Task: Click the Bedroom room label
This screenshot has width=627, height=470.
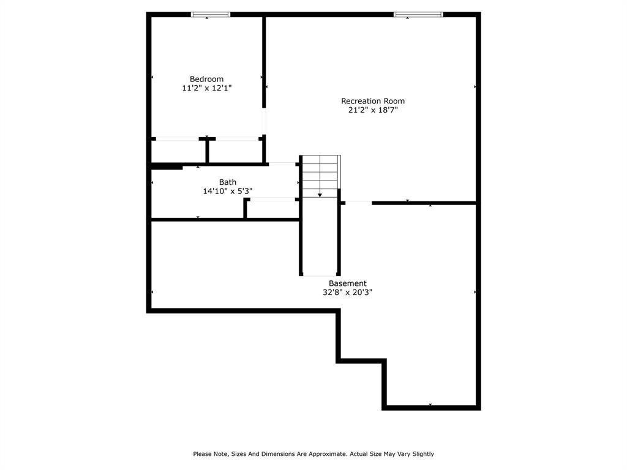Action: (x=206, y=79)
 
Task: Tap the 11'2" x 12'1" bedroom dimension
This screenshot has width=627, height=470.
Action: (x=206, y=88)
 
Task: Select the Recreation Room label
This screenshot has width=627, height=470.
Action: (x=372, y=101)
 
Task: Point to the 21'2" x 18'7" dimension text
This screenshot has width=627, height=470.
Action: (x=372, y=110)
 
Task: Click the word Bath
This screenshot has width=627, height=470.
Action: (x=228, y=182)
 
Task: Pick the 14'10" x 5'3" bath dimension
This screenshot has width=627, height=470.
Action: (x=228, y=191)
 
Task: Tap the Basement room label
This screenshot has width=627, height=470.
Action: (x=348, y=283)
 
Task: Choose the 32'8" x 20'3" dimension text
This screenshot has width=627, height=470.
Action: (x=348, y=293)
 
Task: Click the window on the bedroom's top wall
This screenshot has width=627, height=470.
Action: (x=211, y=14)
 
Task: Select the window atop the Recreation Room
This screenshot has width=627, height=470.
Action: (x=418, y=14)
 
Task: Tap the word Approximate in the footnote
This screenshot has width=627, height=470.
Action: (x=328, y=454)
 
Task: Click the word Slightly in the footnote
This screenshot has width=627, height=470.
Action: (x=422, y=454)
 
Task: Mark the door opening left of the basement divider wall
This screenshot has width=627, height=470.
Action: (x=358, y=203)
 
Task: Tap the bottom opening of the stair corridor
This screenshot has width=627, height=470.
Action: (x=320, y=276)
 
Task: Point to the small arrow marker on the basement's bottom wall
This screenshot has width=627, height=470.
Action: (x=430, y=405)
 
